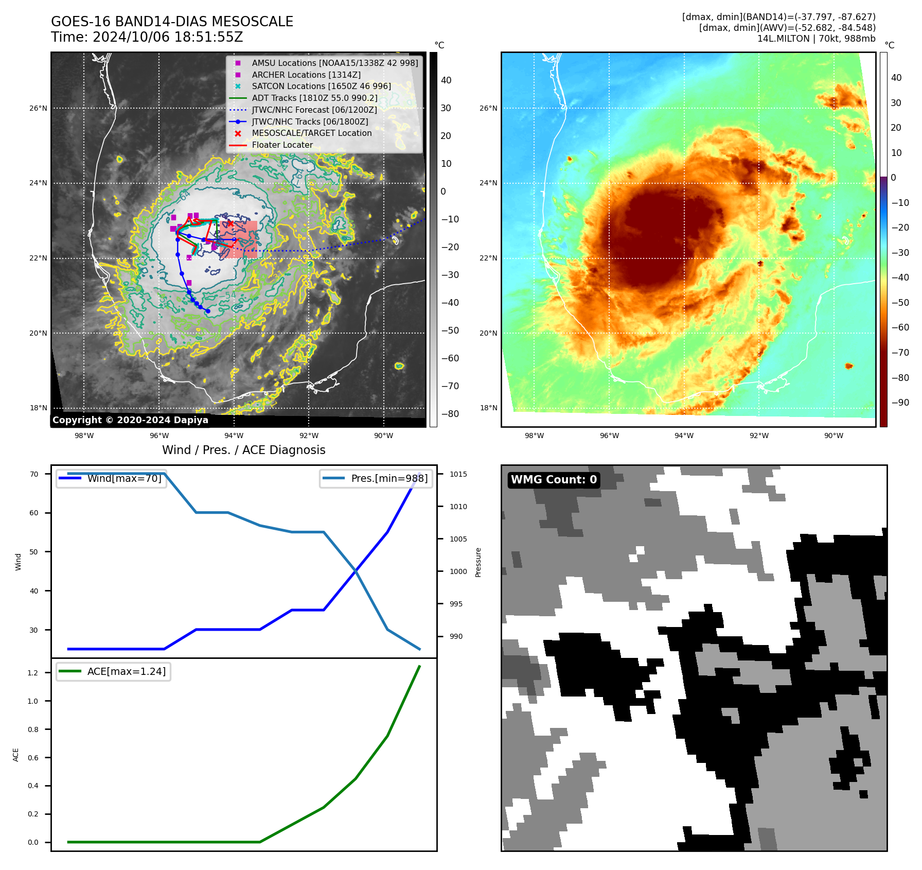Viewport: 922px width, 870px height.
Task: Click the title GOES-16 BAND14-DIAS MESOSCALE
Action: pyautogui.click(x=172, y=22)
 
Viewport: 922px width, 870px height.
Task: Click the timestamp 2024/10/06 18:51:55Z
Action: pyautogui.click(x=168, y=37)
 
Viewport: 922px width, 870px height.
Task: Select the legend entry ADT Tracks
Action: pyautogui.click(x=314, y=98)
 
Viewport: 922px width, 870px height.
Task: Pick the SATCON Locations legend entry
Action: pyautogui.click(x=321, y=86)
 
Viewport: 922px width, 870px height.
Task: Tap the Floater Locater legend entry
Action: pyautogui.click(x=282, y=145)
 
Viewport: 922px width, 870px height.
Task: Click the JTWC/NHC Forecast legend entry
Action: pyautogui.click(x=314, y=110)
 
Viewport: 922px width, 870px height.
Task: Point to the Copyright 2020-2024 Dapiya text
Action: pyautogui.click(x=130, y=420)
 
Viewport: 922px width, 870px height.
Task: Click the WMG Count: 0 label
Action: pyautogui.click(x=554, y=480)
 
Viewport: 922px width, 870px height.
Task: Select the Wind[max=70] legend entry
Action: pyautogui.click(x=124, y=478)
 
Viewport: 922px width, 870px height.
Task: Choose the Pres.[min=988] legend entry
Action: pyautogui.click(x=389, y=478)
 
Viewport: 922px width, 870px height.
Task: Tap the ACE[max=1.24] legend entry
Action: pyautogui.click(x=126, y=671)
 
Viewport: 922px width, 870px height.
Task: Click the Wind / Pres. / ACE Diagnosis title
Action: pyautogui.click(x=244, y=450)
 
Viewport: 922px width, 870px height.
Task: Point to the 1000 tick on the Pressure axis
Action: pyautogui.click(x=458, y=571)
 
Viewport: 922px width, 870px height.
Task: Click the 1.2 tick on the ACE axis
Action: pyautogui.click(x=33, y=673)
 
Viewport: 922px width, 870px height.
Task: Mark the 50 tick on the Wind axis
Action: pyautogui.click(x=34, y=552)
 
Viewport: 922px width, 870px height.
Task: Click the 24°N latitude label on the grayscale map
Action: pyautogui.click(x=38, y=183)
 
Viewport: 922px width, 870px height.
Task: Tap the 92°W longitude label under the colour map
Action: pyautogui.click(x=759, y=436)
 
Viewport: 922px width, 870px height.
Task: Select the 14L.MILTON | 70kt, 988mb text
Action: pyautogui.click(x=816, y=39)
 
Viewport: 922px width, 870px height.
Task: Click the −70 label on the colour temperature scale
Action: pyautogui.click(x=900, y=353)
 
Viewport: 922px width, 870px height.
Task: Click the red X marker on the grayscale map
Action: pyautogui.click(x=230, y=223)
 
